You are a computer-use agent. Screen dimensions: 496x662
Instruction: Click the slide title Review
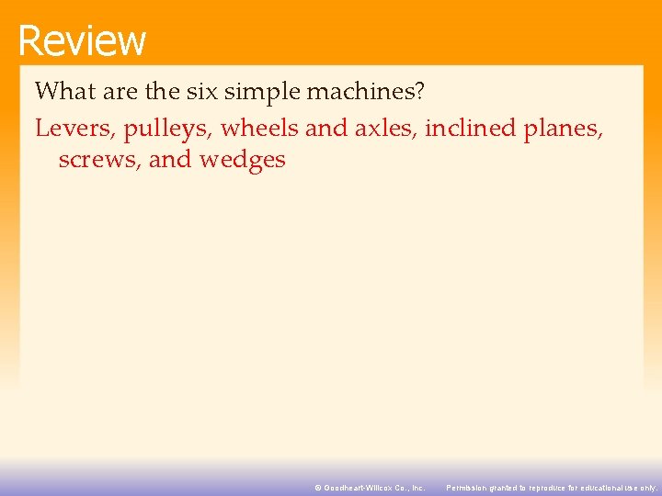tap(81, 40)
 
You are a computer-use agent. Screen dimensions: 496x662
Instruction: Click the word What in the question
tap(63, 92)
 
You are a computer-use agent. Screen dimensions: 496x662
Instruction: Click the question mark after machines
tap(418, 92)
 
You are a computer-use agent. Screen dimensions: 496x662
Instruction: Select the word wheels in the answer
tap(260, 129)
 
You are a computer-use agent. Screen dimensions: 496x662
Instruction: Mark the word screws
tap(98, 160)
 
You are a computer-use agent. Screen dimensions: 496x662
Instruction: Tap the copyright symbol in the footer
tap(317, 488)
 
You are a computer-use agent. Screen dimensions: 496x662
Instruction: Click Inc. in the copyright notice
tap(417, 488)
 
